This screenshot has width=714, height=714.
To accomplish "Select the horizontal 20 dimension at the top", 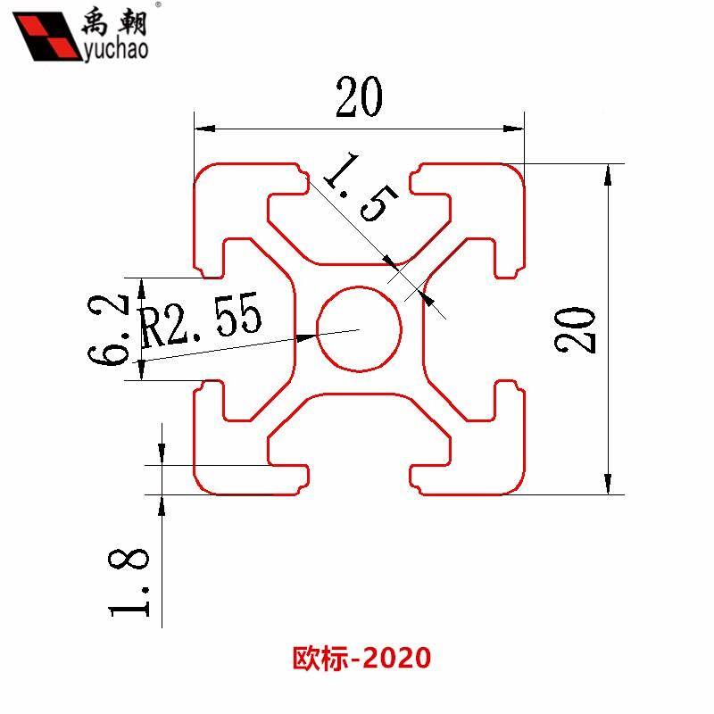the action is pos(359,98).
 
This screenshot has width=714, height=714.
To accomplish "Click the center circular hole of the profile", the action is pos(359,328).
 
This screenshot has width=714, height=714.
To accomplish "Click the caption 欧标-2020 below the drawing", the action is pos(361,659).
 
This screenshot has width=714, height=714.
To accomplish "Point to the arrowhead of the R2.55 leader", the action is pos(307,337).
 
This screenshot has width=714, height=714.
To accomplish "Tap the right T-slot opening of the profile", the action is pos(509,328).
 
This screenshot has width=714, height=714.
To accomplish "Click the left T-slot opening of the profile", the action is pos(209,328).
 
